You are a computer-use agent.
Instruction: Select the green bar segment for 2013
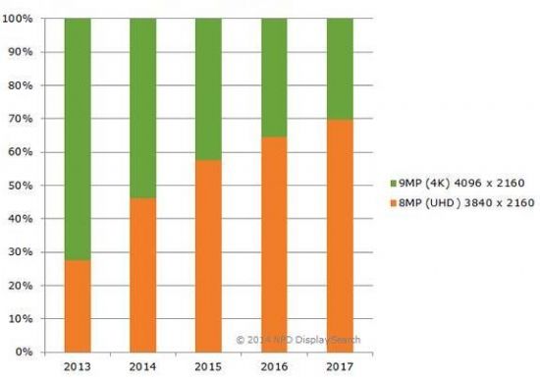[x=77, y=138]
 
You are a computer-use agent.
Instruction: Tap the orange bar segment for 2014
[x=142, y=274]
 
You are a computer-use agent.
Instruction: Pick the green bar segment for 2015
[x=208, y=88]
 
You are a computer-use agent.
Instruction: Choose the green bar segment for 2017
[x=340, y=69]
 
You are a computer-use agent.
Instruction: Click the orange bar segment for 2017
[x=340, y=235]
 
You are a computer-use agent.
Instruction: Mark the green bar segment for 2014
[x=142, y=108]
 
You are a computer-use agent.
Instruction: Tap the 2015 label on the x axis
[x=208, y=366]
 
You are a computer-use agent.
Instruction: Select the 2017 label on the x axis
[x=340, y=366]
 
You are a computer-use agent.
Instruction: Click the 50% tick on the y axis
[x=24, y=185]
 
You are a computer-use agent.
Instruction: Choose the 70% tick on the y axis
[x=24, y=119]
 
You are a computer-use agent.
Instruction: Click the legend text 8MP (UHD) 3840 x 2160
[x=462, y=202]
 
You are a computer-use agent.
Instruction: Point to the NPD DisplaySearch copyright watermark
[x=298, y=340]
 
